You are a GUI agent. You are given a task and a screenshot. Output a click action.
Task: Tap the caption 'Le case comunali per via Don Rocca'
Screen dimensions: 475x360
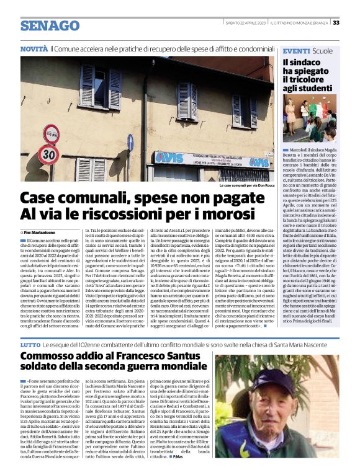246,185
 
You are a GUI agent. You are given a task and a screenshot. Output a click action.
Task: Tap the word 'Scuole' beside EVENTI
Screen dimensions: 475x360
323,50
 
